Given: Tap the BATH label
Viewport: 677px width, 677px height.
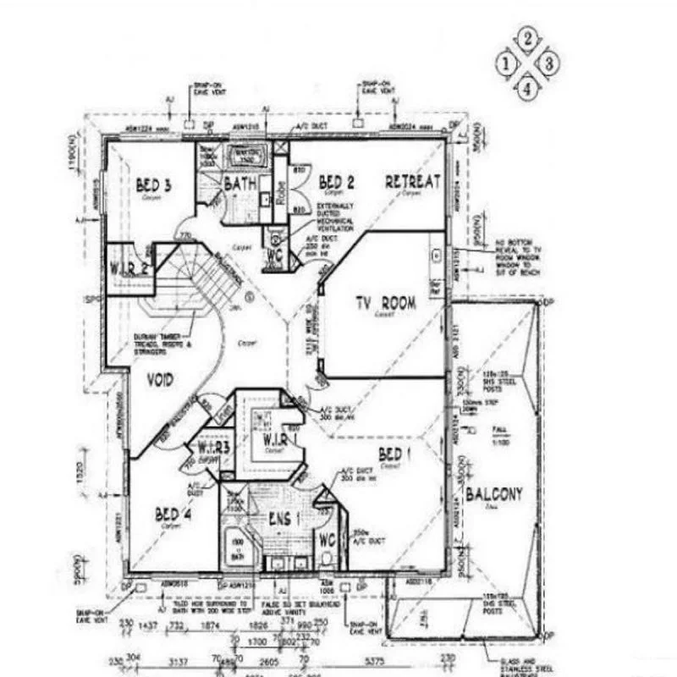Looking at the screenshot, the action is [x=240, y=184].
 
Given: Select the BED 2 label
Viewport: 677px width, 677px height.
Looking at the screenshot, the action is [x=336, y=182].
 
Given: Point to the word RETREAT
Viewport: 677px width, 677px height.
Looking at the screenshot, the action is [x=413, y=181].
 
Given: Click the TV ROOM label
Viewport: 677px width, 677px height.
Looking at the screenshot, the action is [x=385, y=302].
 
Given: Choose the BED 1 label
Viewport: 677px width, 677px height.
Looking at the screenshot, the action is [x=394, y=454].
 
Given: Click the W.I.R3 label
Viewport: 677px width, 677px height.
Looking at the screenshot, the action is [x=215, y=447].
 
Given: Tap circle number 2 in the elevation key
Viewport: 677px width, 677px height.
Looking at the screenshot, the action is [x=528, y=38].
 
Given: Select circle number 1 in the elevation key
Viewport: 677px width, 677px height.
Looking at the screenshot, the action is [x=507, y=62].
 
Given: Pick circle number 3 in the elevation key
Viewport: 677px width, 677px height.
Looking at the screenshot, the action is [x=549, y=62].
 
